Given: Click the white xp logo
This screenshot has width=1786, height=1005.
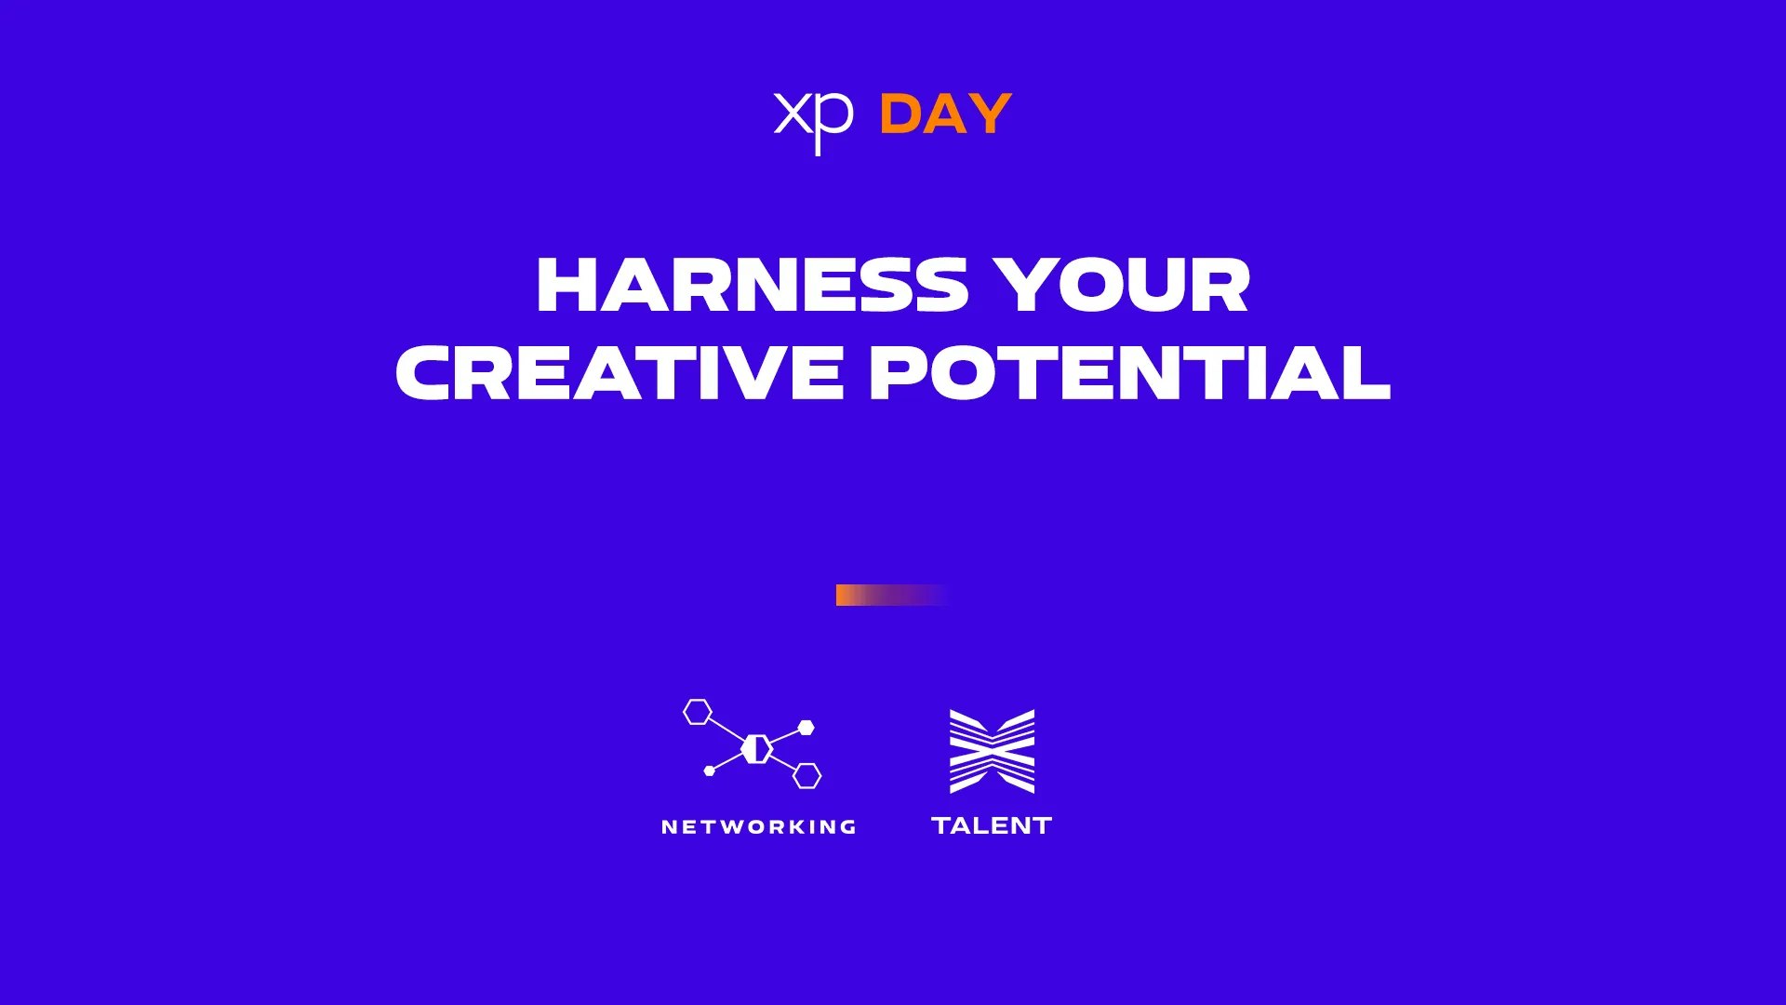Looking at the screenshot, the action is [814, 121].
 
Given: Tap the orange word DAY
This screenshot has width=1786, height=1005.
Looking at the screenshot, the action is [945, 114].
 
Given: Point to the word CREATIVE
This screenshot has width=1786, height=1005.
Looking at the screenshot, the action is [620, 372].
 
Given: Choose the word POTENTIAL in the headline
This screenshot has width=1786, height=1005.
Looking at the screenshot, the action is [1130, 372].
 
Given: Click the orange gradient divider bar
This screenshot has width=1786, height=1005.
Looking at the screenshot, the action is [891, 595].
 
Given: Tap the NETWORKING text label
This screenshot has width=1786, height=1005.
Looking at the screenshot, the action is [759, 826].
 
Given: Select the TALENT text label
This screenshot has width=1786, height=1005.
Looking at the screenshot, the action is [992, 825].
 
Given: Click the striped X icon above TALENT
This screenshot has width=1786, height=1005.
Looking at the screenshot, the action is [992, 751].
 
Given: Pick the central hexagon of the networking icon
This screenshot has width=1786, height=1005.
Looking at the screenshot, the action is [757, 748].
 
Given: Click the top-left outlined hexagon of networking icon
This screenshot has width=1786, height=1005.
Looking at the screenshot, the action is [698, 712].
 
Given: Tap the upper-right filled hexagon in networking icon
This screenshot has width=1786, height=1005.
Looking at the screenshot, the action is [806, 728].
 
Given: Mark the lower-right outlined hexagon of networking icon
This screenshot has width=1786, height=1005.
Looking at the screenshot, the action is [807, 775].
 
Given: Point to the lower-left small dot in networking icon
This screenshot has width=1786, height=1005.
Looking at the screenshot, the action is [710, 770].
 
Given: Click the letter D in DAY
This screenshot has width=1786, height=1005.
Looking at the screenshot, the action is [900, 114].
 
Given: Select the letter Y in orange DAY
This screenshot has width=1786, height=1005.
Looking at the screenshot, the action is [991, 114].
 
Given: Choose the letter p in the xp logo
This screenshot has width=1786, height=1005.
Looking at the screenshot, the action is [835, 125].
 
